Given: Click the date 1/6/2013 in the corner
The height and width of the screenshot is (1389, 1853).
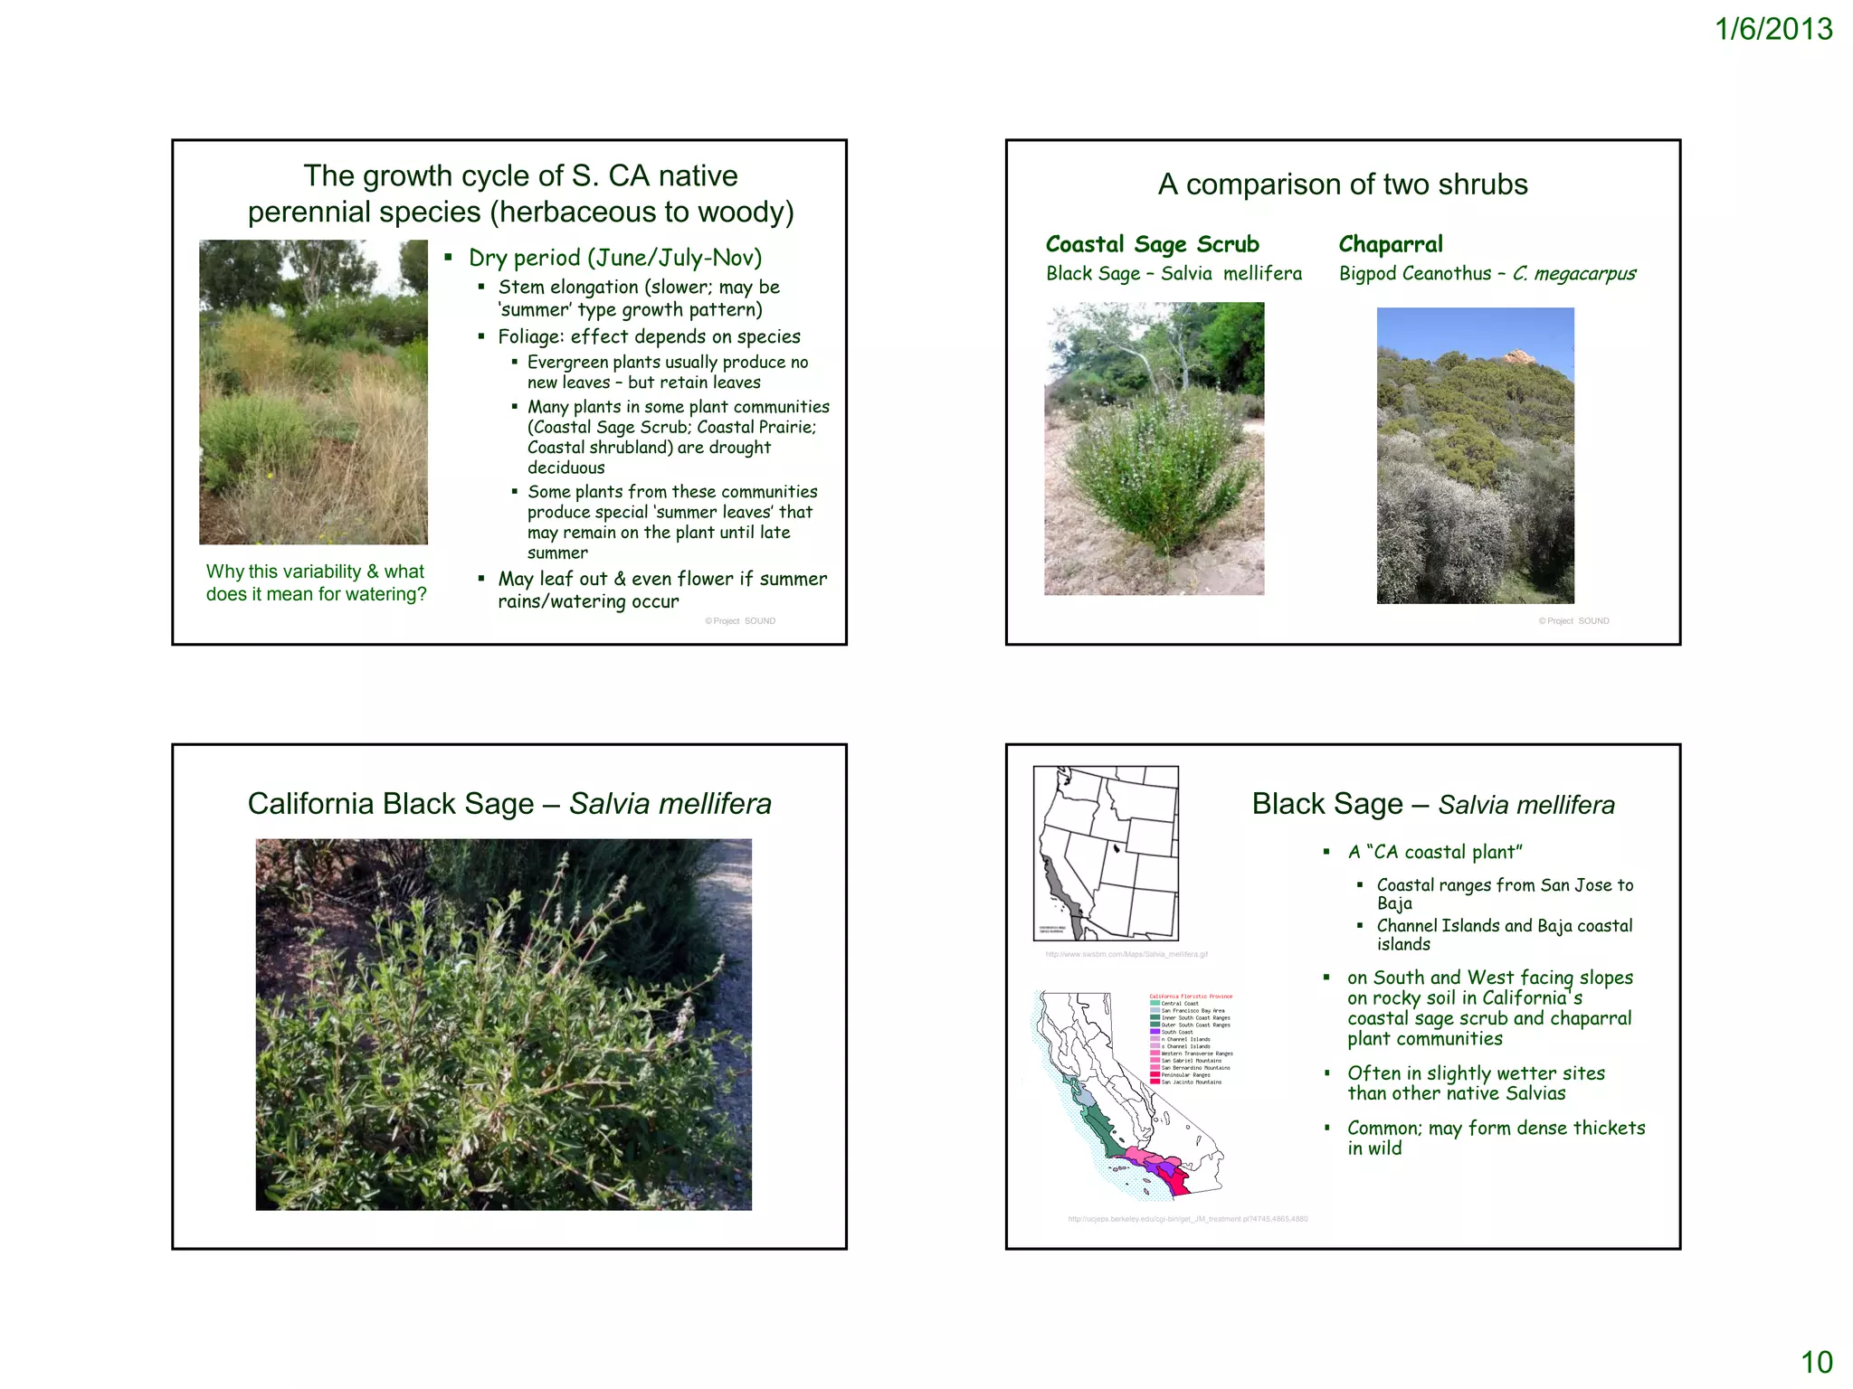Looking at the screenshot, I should click(x=1773, y=29).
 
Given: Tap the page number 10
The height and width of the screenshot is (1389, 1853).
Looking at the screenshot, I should click(x=1816, y=1362).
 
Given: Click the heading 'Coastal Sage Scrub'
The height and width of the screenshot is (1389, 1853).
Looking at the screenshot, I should click(x=1152, y=244).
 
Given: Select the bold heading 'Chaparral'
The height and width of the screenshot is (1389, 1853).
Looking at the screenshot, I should click(x=1391, y=244).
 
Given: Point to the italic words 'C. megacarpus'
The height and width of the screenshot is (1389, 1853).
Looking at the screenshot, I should click(x=1574, y=273).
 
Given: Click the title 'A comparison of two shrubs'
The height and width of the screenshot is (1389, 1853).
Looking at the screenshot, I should click(x=1343, y=184).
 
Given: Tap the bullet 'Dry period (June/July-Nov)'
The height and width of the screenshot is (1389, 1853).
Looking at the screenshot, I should click(x=614, y=258).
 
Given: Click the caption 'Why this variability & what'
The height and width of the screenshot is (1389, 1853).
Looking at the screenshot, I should click(x=315, y=572).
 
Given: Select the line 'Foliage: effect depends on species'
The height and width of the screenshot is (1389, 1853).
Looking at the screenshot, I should click(x=649, y=336).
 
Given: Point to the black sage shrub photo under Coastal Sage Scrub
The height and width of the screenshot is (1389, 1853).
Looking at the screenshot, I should click(x=1155, y=449).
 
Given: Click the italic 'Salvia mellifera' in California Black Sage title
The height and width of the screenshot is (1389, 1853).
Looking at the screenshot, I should click(x=670, y=804).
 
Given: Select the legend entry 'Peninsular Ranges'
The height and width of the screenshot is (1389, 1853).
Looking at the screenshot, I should click(x=1185, y=1075).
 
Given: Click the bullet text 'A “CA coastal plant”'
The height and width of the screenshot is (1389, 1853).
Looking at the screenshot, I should click(x=1435, y=852).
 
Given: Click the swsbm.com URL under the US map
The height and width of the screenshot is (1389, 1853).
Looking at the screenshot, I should click(x=1126, y=954).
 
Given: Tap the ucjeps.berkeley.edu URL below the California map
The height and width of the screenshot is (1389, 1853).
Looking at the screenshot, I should click(x=1187, y=1219).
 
